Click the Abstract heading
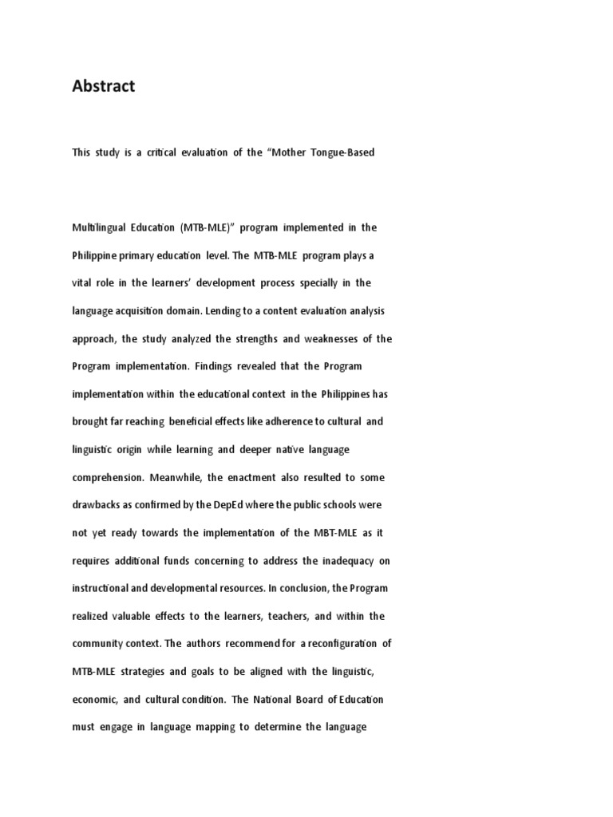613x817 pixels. [x=104, y=87]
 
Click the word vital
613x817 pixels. [x=82, y=283]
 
